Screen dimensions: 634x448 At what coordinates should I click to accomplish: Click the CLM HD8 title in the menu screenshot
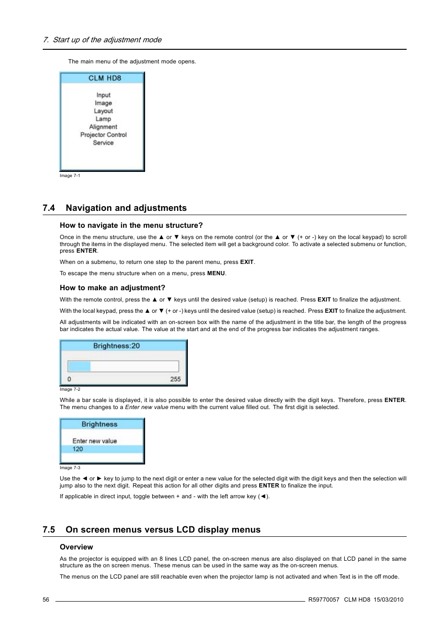[x=104, y=78]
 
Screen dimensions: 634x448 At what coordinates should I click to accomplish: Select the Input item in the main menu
[x=103, y=95]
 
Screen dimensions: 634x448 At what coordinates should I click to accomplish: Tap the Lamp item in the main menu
[x=103, y=119]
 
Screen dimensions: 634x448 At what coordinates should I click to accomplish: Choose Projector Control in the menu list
[x=103, y=135]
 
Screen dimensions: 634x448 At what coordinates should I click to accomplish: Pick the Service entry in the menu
[x=103, y=143]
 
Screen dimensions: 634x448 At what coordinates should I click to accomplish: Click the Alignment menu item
[x=103, y=127]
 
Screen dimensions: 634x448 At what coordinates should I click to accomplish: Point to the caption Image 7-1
[x=70, y=176]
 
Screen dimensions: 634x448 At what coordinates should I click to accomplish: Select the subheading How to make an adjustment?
[x=112, y=288]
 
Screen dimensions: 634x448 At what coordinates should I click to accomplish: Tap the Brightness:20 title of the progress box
[x=116, y=346]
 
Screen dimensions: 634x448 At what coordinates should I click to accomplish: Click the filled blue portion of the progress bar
[x=79, y=366]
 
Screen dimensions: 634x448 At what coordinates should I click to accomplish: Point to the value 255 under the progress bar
[x=175, y=379]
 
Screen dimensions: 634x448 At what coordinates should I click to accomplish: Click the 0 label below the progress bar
[x=69, y=379]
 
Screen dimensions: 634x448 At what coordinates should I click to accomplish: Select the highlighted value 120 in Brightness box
[x=77, y=449]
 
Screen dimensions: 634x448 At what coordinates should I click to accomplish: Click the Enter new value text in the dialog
[x=94, y=441]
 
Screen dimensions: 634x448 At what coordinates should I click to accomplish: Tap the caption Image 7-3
[x=70, y=468]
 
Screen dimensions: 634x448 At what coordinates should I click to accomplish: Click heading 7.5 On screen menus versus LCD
[x=151, y=530]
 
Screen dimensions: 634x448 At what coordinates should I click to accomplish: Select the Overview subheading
[x=76, y=547]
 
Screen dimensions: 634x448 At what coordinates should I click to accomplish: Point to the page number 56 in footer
[x=46, y=600]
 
